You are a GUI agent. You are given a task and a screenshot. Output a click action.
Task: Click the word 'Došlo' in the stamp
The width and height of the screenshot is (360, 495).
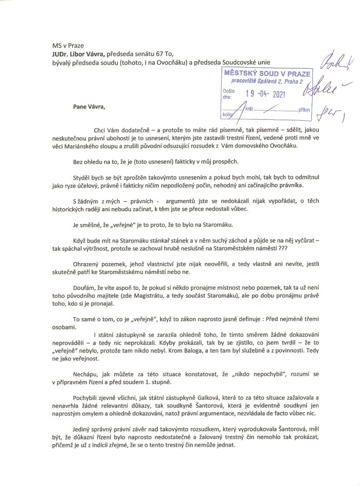point(228,90)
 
